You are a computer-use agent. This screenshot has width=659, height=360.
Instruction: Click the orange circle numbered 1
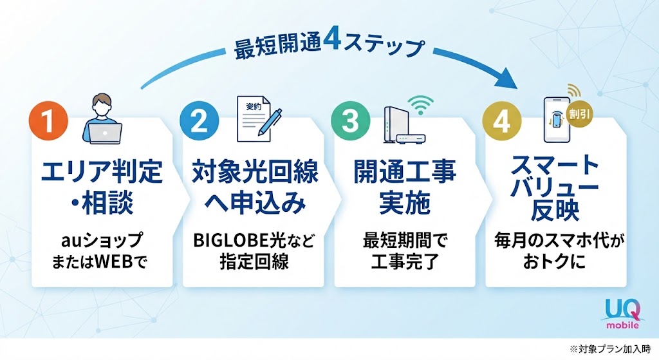tap(48, 120)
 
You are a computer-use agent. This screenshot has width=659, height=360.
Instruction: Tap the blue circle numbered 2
tap(200, 120)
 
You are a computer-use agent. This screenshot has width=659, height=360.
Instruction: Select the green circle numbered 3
tap(351, 120)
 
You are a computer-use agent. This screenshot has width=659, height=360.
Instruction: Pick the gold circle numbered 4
tap(502, 120)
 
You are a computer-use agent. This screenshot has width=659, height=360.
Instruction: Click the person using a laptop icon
tap(103, 119)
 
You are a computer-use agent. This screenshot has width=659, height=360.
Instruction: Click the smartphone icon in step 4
tap(557, 120)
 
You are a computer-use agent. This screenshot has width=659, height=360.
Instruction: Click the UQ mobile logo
tap(623, 314)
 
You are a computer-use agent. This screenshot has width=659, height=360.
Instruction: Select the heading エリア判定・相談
tap(102, 187)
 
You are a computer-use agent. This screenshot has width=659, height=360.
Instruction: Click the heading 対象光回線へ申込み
tap(255, 187)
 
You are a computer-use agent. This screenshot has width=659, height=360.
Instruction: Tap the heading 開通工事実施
tap(405, 187)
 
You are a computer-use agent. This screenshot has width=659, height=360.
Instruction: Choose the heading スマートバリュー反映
tap(555, 187)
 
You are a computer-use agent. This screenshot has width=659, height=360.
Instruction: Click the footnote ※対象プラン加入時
tap(610, 349)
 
